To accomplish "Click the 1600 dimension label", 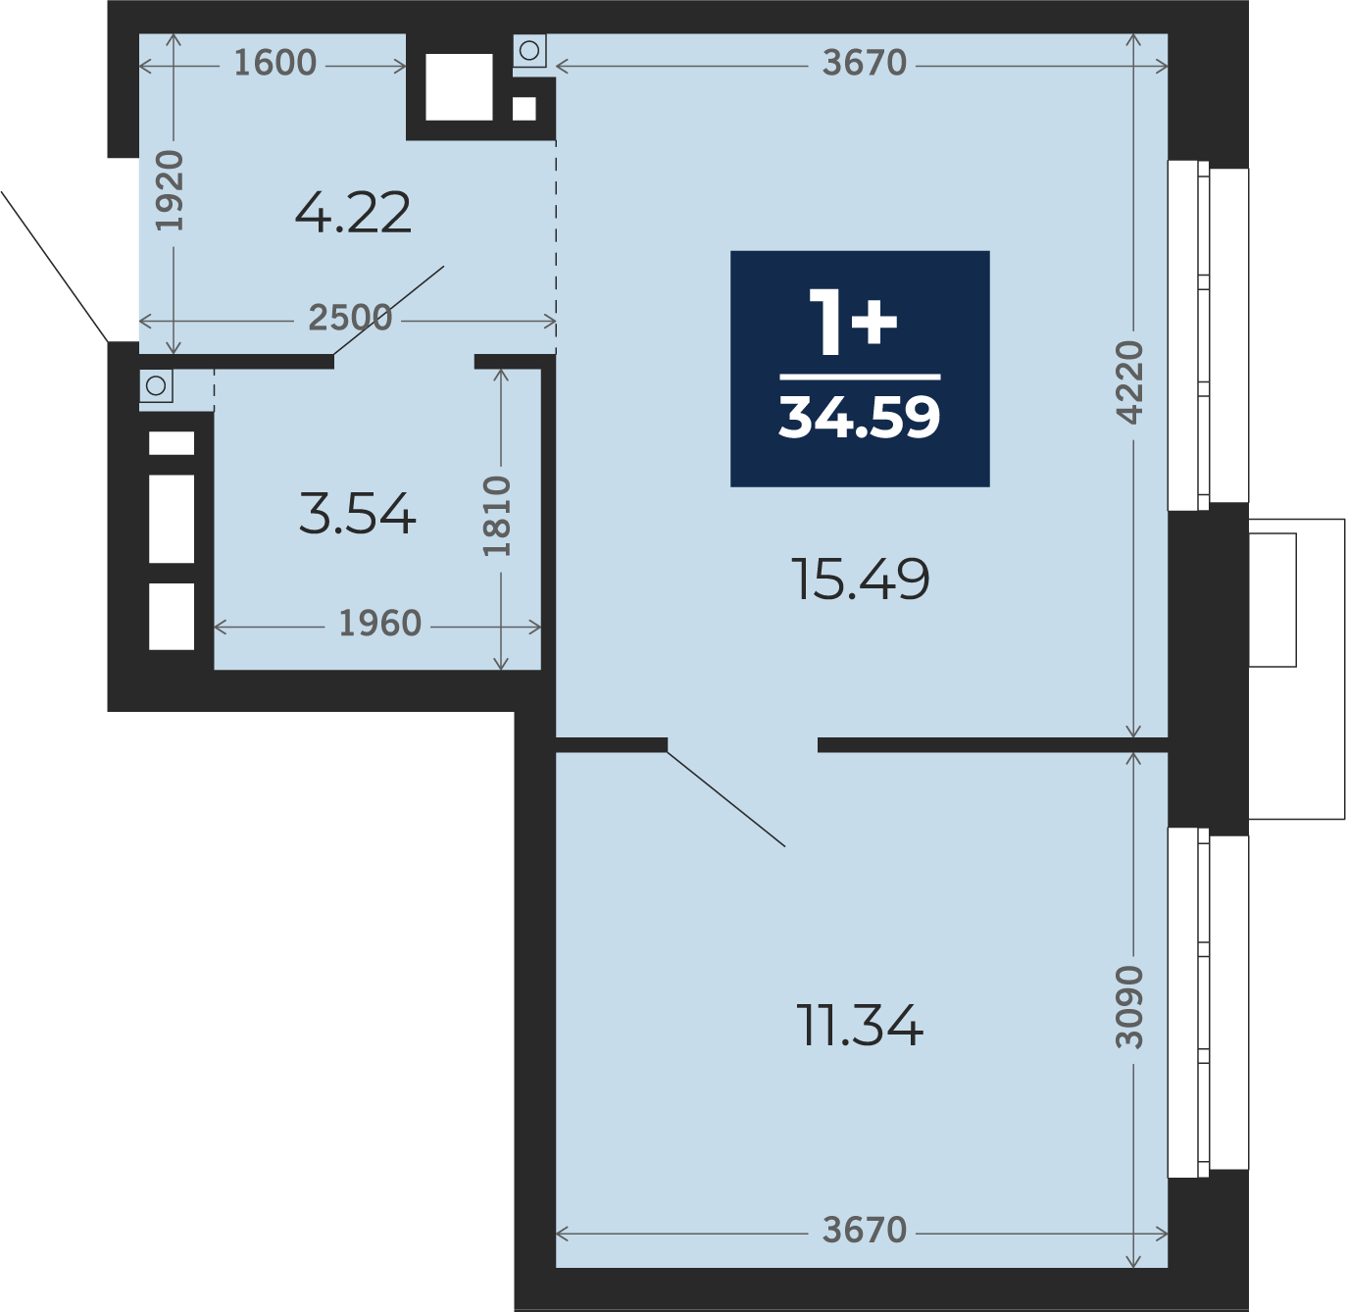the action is (274, 63).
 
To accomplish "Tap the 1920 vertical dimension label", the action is (170, 190).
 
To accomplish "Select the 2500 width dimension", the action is (350, 318).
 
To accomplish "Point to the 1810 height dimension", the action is (497, 517).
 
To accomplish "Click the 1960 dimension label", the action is (380, 623).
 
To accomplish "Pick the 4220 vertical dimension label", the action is (1129, 382).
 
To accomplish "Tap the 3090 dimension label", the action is (1129, 1007).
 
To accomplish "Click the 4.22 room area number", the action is (353, 213).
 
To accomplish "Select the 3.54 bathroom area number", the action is (357, 514).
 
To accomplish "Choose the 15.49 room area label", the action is (861, 579).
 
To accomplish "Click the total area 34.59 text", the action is (859, 418).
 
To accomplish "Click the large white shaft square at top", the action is (459, 87).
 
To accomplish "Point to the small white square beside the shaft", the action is (524, 110).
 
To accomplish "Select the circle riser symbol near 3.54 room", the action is (156, 385).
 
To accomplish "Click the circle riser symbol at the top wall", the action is (529, 51).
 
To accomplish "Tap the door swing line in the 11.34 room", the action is (725, 798).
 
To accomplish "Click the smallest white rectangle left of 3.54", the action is (172, 443).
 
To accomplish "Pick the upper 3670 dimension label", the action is (865, 63).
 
